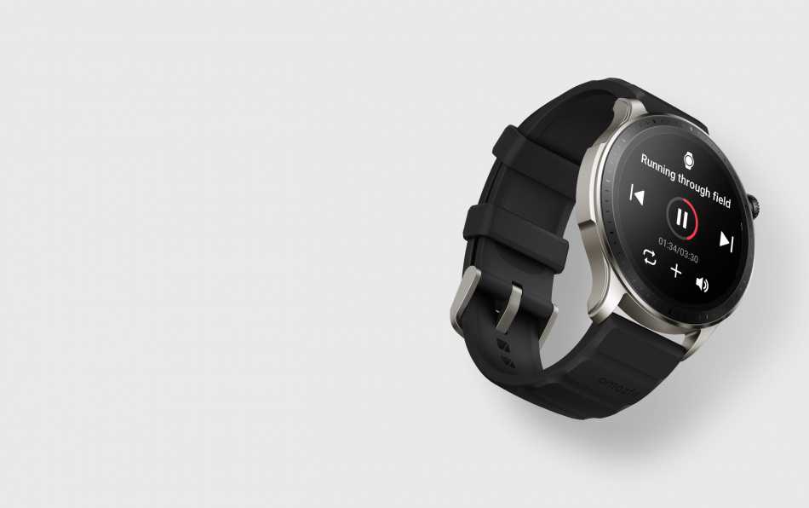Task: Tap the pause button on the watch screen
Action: (x=681, y=218)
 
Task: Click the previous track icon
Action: (x=637, y=194)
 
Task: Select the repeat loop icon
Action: (x=650, y=257)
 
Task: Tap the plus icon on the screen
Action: (x=676, y=270)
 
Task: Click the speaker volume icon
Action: (x=703, y=284)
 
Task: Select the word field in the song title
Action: (x=722, y=197)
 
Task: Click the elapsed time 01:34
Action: (x=668, y=245)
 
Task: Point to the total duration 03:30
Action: (x=689, y=255)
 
